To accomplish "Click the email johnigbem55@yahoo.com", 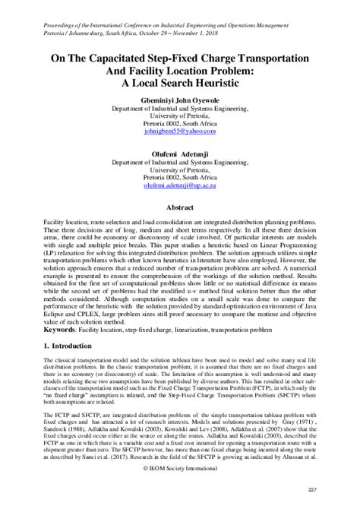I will tap(180, 131).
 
